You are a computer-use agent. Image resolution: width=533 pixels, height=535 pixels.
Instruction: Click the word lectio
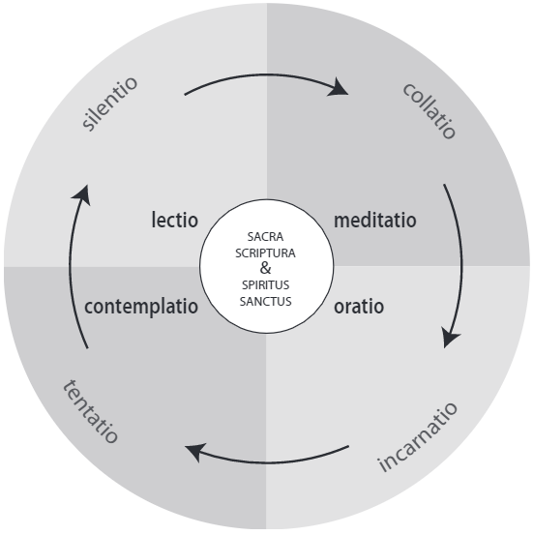click(x=175, y=220)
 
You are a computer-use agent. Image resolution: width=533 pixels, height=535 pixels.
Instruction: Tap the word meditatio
click(x=375, y=220)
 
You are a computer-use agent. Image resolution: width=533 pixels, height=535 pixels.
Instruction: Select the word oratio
click(x=359, y=307)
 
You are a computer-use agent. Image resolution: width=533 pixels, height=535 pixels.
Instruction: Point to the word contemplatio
click(x=141, y=307)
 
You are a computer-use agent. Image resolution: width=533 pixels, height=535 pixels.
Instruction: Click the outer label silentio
click(x=110, y=104)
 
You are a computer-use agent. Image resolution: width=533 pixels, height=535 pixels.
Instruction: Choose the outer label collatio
click(x=429, y=110)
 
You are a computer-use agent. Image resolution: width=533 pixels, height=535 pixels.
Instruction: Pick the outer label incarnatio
click(x=417, y=437)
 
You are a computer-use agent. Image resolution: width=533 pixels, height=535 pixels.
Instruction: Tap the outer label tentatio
click(x=90, y=411)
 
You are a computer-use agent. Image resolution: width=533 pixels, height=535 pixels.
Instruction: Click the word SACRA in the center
click(x=265, y=236)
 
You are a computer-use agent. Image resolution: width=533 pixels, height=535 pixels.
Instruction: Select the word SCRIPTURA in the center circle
click(x=265, y=253)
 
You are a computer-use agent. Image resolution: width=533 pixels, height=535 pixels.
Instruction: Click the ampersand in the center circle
click(x=265, y=268)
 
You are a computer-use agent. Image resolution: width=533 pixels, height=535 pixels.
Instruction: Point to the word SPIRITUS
click(x=265, y=284)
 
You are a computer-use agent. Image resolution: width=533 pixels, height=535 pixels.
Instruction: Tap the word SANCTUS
click(x=265, y=302)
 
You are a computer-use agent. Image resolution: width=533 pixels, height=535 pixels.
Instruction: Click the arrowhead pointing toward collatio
click(x=339, y=88)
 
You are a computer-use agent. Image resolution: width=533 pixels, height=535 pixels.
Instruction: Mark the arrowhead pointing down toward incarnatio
click(x=450, y=337)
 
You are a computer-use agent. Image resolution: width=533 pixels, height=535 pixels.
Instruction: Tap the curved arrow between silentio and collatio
click(x=266, y=74)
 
